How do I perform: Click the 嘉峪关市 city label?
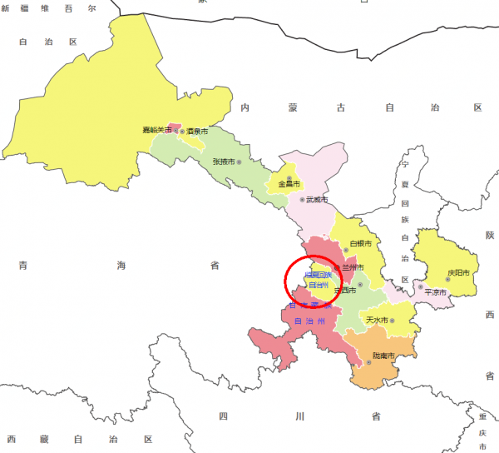(156, 131)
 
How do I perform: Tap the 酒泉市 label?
(198, 132)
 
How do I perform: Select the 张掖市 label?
(223, 161)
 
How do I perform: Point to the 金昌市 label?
(289, 183)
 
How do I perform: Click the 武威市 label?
(317, 200)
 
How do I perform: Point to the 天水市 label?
(378, 320)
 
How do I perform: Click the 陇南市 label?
(383, 356)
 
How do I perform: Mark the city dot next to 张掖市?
(240, 161)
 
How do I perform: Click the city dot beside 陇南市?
(368, 363)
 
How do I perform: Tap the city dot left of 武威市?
(302, 200)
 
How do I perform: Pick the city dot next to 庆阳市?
(442, 272)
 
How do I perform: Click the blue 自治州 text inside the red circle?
(319, 285)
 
